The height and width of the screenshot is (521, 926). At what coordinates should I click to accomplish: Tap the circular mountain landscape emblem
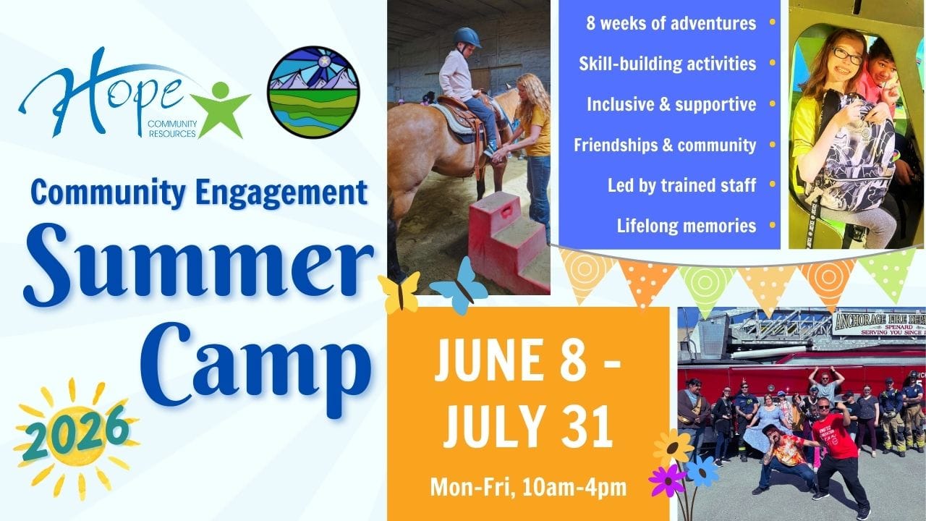click(x=313, y=92)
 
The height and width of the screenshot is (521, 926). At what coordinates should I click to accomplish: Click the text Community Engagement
click(x=199, y=193)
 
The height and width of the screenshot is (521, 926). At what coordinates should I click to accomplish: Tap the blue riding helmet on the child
click(x=467, y=38)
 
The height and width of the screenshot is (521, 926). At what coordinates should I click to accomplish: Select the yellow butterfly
click(x=399, y=292)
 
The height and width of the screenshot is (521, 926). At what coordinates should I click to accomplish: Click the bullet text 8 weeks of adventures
click(x=671, y=23)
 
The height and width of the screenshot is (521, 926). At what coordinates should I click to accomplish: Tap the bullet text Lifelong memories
click(x=687, y=226)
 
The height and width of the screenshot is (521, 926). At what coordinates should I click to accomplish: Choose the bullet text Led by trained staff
click(x=681, y=186)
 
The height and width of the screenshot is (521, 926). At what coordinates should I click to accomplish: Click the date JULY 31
click(x=528, y=426)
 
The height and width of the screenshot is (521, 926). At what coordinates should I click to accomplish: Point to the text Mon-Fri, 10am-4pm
click(x=528, y=488)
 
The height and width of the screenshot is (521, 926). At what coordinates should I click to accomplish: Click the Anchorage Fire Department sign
click(x=879, y=323)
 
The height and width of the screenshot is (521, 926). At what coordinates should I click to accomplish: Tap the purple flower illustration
click(x=666, y=480)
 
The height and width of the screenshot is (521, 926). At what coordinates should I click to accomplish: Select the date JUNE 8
click(x=528, y=360)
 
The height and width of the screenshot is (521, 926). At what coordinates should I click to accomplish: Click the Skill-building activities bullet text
click(x=667, y=64)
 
